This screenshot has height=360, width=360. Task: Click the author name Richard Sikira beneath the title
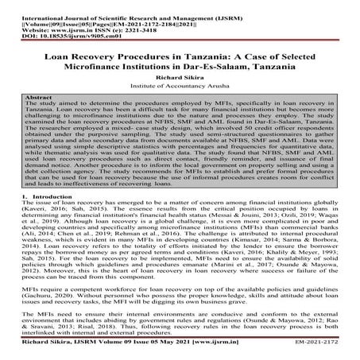pyautogui.click(x=180, y=78)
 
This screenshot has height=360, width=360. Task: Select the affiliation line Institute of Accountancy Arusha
pyautogui.click(x=180, y=87)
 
